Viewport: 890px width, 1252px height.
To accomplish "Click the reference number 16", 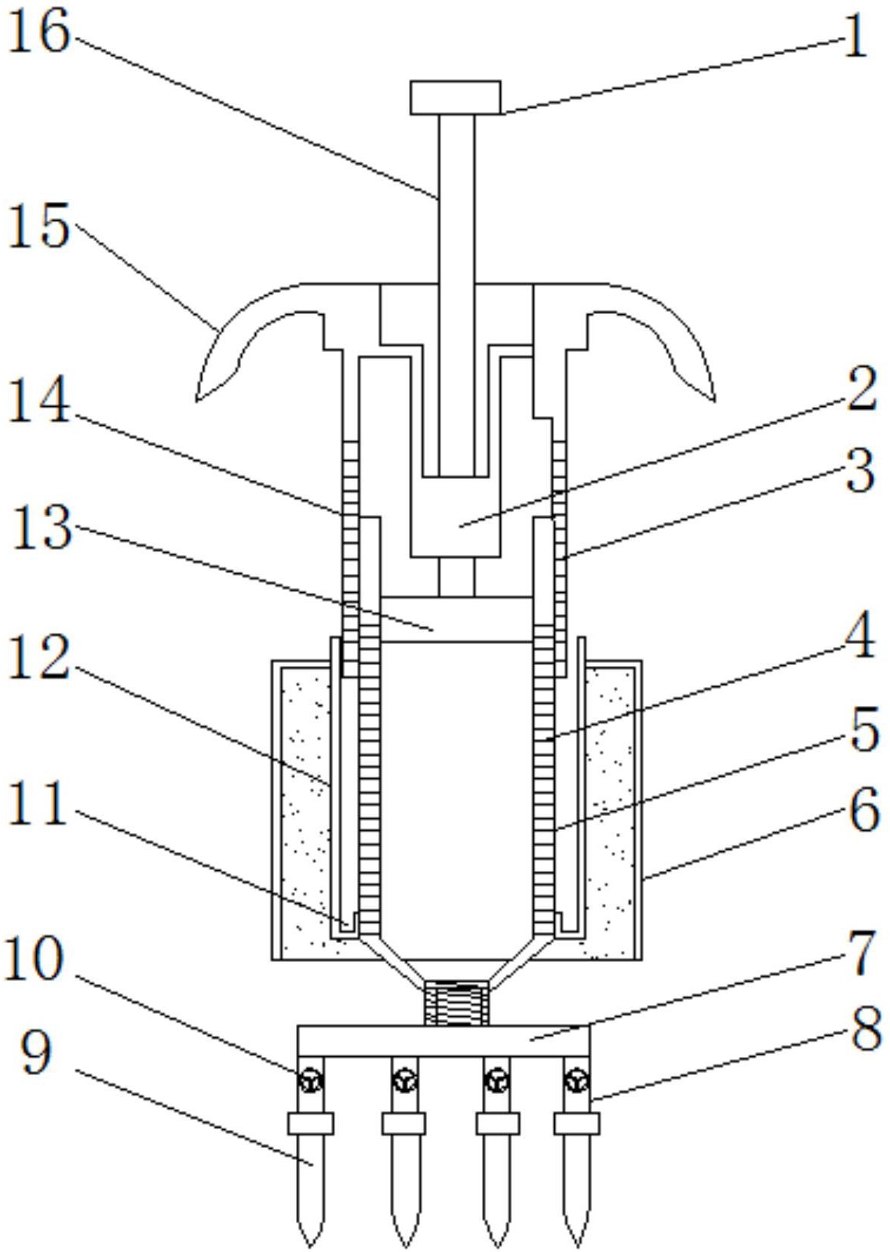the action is tap(39, 32).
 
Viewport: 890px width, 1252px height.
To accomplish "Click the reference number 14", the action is tap(39, 400).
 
